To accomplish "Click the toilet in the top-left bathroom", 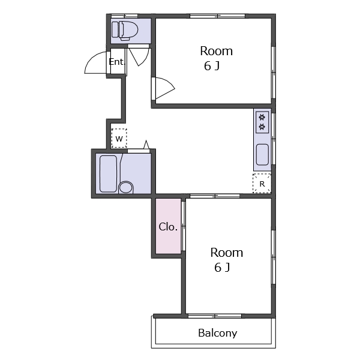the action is [125, 31].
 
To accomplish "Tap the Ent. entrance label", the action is [116, 62].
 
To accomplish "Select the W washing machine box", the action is [119, 138].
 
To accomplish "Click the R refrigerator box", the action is [262, 184].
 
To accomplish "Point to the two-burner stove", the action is [262, 122].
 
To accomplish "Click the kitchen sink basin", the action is [262, 155].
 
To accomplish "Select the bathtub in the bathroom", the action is [108, 174].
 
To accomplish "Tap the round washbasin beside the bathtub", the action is [126, 187].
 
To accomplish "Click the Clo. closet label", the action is [168, 227].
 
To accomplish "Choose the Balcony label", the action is [217, 333].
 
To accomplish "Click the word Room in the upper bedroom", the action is [216, 51].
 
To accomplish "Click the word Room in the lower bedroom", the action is [227, 253].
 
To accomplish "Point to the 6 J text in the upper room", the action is [212, 66].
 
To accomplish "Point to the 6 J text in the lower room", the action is [222, 268].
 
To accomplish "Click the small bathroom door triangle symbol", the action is [146, 145].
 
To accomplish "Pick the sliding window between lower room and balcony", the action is [215, 316].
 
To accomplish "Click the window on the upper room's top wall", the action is [217, 16].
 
